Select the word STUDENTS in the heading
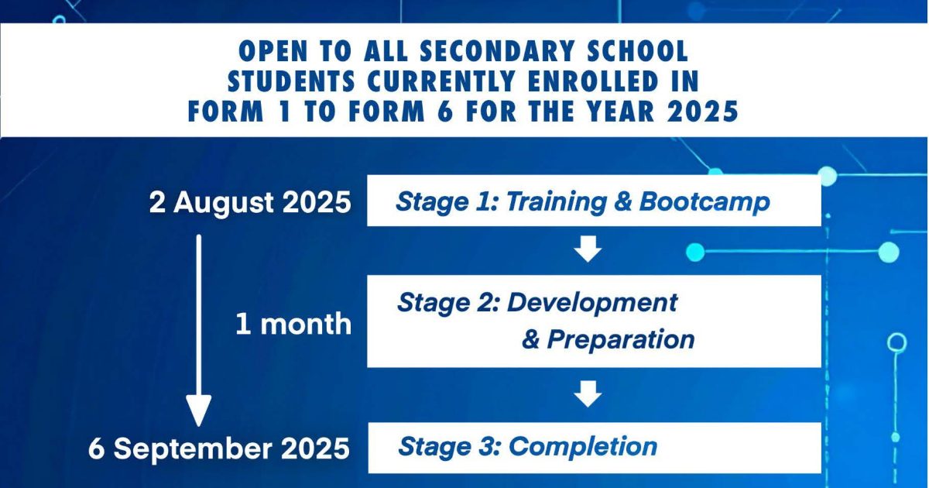[291, 81]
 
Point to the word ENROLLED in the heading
[593, 81]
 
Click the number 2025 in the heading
[703, 111]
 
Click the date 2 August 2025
[250, 203]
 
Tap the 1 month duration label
[293, 324]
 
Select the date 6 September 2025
[219, 449]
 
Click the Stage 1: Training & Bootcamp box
[594, 201]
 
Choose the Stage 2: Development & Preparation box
[594, 321]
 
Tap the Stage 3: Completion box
[595, 448]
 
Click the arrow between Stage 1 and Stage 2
[588, 249]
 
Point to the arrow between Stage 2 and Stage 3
[588, 393]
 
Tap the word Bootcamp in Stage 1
[704, 202]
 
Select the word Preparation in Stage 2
[621, 340]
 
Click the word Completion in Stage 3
[583, 446]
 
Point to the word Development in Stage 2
[592, 304]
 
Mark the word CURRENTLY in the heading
[441, 81]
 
